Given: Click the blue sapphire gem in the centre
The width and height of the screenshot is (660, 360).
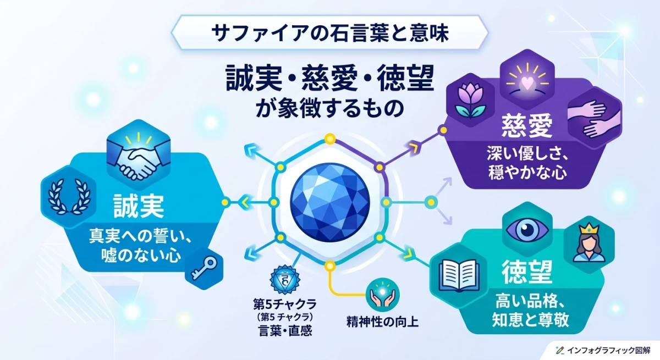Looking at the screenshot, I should coord(329,201).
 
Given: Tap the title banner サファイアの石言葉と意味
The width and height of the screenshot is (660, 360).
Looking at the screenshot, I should coord(331,33).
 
